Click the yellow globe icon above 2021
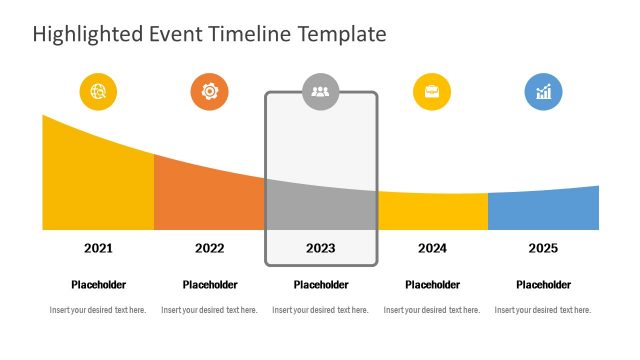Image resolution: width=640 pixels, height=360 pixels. pyautogui.click(x=98, y=92)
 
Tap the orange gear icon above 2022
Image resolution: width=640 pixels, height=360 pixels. pyautogui.click(x=209, y=92)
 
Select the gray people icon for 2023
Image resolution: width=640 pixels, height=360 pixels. pyautogui.click(x=320, y=92)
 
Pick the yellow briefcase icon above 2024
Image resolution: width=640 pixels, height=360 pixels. pyautogui.click(x=432, y=92)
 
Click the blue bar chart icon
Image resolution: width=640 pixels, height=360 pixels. pyautogui.click(x=543, y=92)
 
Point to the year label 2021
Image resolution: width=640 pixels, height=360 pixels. pyautogui.click(x=98, y=248)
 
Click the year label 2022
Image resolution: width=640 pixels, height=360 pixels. pyautogui.click(x=209, y=248)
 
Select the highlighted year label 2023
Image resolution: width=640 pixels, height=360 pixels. pyautogui.click(x=320, y=248)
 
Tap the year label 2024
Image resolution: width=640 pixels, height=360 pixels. pyautogui.click(x=432, y=248)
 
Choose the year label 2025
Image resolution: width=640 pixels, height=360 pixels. pyautogui.click(x=543, y=248)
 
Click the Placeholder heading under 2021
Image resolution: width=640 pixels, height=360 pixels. pyautogui.click(x=98, y=285)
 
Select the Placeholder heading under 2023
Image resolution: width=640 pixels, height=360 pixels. pyautogui.click(x=320, y=285)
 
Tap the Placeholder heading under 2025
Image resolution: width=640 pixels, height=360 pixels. pyautogui.click(x=543, y=285)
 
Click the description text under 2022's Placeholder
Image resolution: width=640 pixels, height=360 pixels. pyautogui.click(x=209, y=310)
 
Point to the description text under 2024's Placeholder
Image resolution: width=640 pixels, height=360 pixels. pyautogui.click(x=432, y=310)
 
